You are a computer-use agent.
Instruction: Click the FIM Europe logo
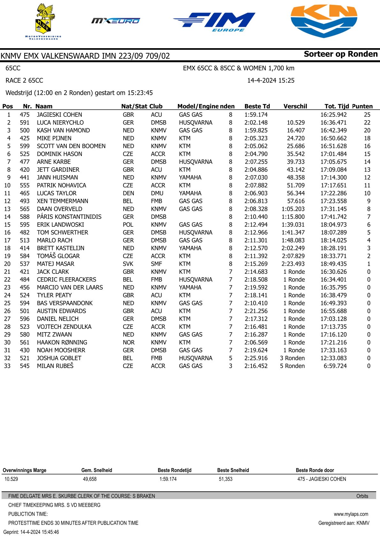(x=214, y=22)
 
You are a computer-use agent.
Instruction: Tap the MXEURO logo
(x=116, y=21)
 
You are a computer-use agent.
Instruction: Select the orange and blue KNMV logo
(x=324, y=21)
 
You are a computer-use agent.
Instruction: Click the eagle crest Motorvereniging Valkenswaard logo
(x=43, y=21)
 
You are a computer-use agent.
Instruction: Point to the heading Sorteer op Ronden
(x=340, y=54)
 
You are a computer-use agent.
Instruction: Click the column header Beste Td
(x=257, y=106)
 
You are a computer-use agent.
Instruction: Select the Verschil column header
(x=295, y=106)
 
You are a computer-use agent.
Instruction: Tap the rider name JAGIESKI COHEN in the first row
(x=59, y=115)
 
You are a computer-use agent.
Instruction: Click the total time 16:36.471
(x=333, y=123)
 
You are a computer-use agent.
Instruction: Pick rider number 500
(x=25, y=130)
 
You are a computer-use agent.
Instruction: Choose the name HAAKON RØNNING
(x=62, y=342)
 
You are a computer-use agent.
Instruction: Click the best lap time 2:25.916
(x=256, y=358)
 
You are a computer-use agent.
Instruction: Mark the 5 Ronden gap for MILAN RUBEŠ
(x=292, y=366)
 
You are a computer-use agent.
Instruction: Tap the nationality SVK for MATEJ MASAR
(x=128, y=264)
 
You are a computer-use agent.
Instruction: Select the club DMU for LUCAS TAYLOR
(x=157, y=193)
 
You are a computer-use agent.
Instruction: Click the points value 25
(x=367, y=115)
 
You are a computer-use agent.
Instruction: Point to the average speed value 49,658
(x=90, y=479)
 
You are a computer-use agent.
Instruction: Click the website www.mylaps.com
(x=351, y=514)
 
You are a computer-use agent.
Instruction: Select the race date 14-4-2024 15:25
(x=271, y=80)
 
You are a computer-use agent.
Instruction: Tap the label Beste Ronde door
(x=315, y=470)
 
